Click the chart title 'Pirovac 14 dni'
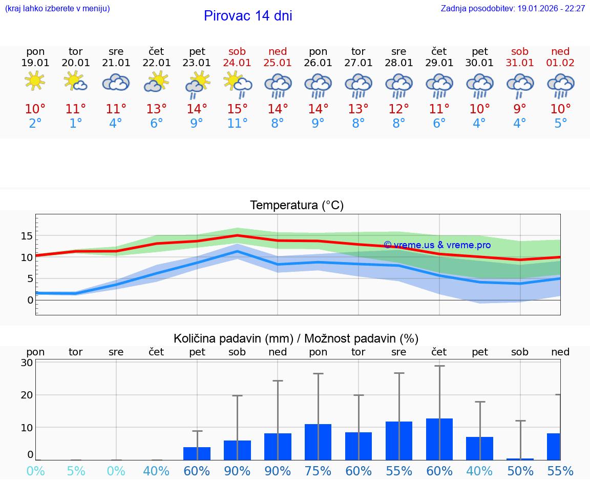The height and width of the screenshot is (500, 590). click(248, 16)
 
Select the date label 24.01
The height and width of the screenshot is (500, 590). click(237, 63)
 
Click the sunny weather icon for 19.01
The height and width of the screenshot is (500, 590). click(35, 81)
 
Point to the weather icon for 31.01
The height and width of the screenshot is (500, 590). click(520, 85)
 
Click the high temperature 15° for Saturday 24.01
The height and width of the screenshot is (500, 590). click(237, 109)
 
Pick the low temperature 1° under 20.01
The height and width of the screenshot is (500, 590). click(76, 124)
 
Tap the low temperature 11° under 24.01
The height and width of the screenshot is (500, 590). click(237, 124)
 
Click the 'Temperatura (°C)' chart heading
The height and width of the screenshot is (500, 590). click(297, 206)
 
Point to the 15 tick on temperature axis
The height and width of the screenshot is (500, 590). click(27, 236)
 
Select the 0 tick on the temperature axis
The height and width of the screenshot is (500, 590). click(30, 300)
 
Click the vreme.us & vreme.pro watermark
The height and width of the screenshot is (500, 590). click(437, 245)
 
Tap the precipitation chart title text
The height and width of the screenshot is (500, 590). click(296, 338)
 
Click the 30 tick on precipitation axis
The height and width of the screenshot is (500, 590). click(27, 363)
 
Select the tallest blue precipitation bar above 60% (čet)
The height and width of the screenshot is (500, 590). click(439, 439)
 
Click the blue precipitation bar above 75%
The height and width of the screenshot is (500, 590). click(318, 442)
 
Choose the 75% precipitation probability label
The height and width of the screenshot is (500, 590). click(318, 471)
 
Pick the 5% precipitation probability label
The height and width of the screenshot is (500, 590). click(76, 471)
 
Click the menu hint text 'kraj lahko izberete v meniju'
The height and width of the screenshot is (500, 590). click(57, 8)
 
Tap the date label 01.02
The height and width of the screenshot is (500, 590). click(560, 63)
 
